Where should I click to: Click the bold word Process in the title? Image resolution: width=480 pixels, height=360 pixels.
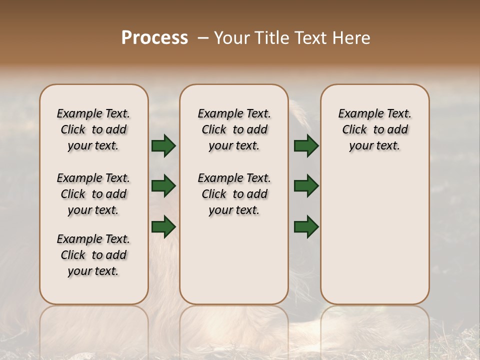(x=154, y=38)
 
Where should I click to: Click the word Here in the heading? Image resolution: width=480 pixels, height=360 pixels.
(x=352, y=38)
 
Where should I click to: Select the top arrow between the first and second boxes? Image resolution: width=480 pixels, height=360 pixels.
(x=163, y=145)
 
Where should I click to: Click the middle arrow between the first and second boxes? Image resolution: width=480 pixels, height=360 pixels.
(x=163, y=186)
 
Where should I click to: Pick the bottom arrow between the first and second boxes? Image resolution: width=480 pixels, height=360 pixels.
(x=163, y=226)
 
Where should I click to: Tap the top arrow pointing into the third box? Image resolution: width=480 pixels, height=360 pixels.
(x=306, y=145)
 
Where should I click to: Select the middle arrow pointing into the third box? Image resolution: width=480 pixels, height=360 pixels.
(x=306, y=186)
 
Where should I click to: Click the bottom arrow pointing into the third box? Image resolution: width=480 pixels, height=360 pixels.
(x=306, y=226)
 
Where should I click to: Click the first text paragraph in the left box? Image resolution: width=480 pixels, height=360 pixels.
(x=93, y=129)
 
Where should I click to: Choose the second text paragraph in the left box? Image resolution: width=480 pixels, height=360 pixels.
(x=93, y=194)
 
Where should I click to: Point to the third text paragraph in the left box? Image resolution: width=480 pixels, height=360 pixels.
(x=93, y=255)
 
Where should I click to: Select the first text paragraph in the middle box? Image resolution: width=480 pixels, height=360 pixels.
(x=234, y=129)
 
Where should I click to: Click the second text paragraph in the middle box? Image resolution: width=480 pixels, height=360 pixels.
(x=234, y=194)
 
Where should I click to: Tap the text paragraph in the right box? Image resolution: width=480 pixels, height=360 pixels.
(x=375, y=129)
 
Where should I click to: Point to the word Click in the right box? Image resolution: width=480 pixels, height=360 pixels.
(x=354, y=130)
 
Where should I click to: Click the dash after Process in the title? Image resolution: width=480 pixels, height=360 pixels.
(x=203, y=38)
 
